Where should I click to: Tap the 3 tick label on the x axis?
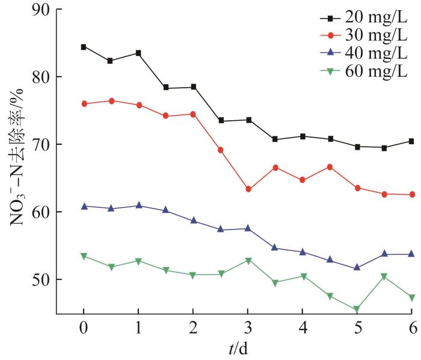(248, 330)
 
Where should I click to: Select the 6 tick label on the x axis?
(412, 330)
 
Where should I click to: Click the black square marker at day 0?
(84, 47)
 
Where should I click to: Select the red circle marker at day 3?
(248, 189)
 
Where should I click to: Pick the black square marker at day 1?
(138, 53)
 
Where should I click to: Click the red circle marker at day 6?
(412, 195)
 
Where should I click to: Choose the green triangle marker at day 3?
(248, 261)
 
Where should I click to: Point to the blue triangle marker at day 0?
(84, 206)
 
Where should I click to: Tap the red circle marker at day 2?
(193, 114)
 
